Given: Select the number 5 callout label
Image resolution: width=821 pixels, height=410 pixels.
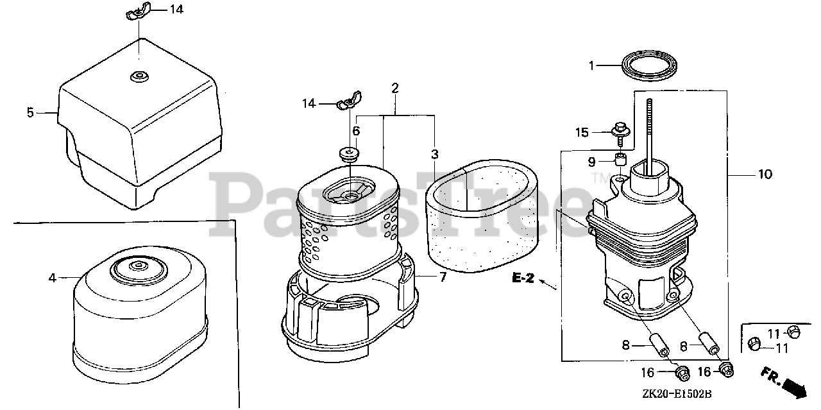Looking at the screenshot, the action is [x=30, y=112].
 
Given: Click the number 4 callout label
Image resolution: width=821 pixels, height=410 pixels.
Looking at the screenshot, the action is [x=52, y=278].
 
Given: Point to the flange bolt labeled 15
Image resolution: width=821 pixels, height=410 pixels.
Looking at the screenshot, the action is [x=620, y=133].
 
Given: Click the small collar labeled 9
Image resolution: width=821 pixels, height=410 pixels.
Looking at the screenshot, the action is [x=620, y=159].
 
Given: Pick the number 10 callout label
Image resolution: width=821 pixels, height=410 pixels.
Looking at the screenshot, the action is [x=765, y=174].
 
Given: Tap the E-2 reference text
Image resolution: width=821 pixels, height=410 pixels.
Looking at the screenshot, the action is [x=523, y=278].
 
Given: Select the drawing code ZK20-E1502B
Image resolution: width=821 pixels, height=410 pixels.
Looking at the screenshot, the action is [x=677, y=394].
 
